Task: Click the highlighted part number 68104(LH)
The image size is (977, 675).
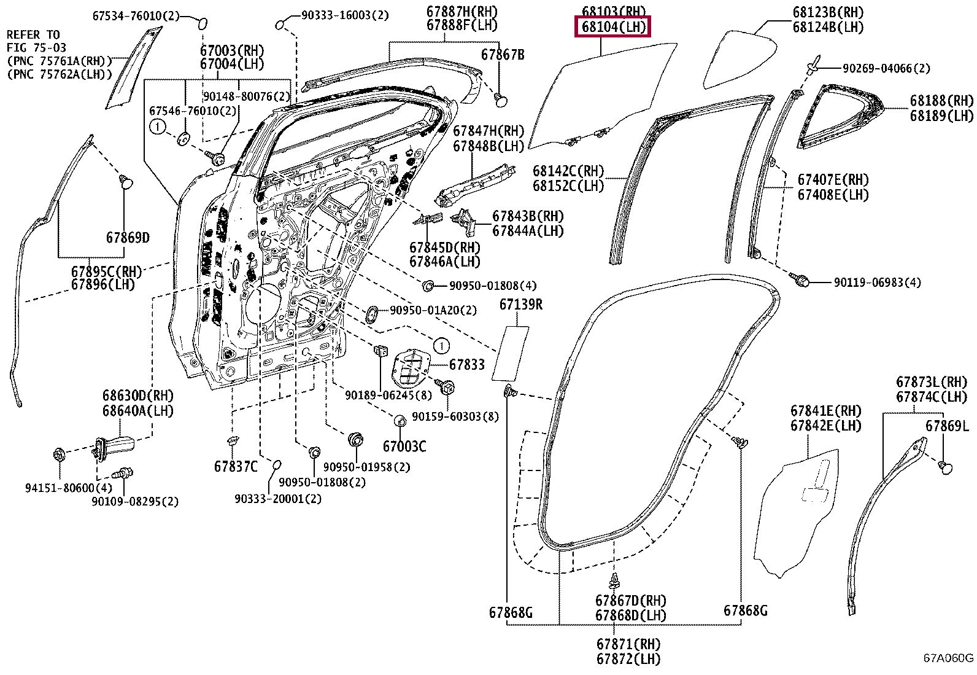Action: click(613, 27)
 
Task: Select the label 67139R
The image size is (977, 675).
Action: click(521, 304)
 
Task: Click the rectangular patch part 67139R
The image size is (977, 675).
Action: click(511, 353)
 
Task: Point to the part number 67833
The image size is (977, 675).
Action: click(466, 365)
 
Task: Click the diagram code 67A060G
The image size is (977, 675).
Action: click(948, 658)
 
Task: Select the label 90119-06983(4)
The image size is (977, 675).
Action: click(877, 283)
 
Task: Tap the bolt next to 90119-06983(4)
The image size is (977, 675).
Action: click(800, 279)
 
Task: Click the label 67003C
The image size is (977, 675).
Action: click(404, 447)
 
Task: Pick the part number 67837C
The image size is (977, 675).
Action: click(236, 466)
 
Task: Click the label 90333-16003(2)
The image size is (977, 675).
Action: click(345, 15)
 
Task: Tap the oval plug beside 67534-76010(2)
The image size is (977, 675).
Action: click(203, 23)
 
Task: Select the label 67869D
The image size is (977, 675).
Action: click(128, 238)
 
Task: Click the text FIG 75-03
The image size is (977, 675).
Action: click(36, 47)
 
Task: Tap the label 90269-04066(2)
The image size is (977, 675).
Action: click(886, 69)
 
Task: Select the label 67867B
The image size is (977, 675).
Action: click(503, 55)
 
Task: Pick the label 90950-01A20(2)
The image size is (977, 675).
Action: click(433, 310)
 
